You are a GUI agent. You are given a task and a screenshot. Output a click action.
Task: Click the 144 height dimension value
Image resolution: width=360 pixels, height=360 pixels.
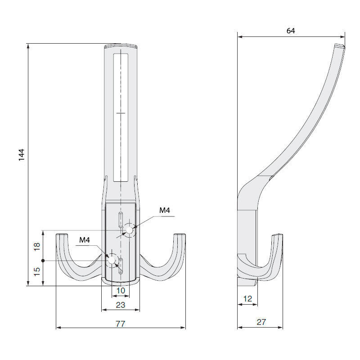[x=21, y=155]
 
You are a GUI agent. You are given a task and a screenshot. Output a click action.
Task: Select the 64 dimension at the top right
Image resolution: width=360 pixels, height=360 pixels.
[x=291, y=31]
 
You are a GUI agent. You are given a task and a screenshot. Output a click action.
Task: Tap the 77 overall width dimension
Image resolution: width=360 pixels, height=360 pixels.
[x=120, y=324]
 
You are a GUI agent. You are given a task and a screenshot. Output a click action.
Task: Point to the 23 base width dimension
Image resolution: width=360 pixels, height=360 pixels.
[x=121, y=305]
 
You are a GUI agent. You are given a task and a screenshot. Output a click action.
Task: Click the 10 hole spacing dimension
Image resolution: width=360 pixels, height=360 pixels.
[x=121, y=291]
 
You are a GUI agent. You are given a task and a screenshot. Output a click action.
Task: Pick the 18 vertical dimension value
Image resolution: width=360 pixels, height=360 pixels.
[x=37, y=247]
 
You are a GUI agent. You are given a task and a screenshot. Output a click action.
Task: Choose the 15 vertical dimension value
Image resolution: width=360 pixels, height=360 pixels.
[x=37, y=272]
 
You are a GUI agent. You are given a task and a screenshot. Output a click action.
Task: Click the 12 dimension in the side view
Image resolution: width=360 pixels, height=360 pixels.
[x=247, y=299]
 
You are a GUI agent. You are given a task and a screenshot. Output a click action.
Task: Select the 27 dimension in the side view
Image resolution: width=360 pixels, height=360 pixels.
[x=261, y=322]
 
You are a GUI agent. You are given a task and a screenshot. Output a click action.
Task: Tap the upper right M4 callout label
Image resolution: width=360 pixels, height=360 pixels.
[x=165, y=210]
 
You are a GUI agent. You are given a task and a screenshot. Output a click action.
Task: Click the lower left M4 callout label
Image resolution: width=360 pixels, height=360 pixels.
[x=85, y=240]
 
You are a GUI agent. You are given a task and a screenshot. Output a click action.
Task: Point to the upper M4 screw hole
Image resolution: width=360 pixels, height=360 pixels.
[x=130, y=230]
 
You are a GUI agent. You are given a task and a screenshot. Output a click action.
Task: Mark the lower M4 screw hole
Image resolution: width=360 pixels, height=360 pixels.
[x=112, y=261]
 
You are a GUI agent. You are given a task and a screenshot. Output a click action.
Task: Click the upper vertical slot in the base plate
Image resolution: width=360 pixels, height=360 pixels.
[x=121, y=220]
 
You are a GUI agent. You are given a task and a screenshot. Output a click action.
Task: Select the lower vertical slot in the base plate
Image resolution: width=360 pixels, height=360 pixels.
[x=121, y=266]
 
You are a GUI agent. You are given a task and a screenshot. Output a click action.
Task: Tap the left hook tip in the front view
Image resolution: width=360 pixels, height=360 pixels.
[x=62, y=234]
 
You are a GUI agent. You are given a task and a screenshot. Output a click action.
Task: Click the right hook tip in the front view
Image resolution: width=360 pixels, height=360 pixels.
[x=180, y=234]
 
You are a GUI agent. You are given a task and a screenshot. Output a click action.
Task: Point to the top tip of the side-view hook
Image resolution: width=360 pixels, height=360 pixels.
[x=340, y=45]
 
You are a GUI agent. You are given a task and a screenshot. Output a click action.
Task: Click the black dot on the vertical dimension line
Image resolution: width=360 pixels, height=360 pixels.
[x=43, y=261]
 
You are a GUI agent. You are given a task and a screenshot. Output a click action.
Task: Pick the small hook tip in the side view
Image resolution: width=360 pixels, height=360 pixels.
[x=277, y=235]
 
